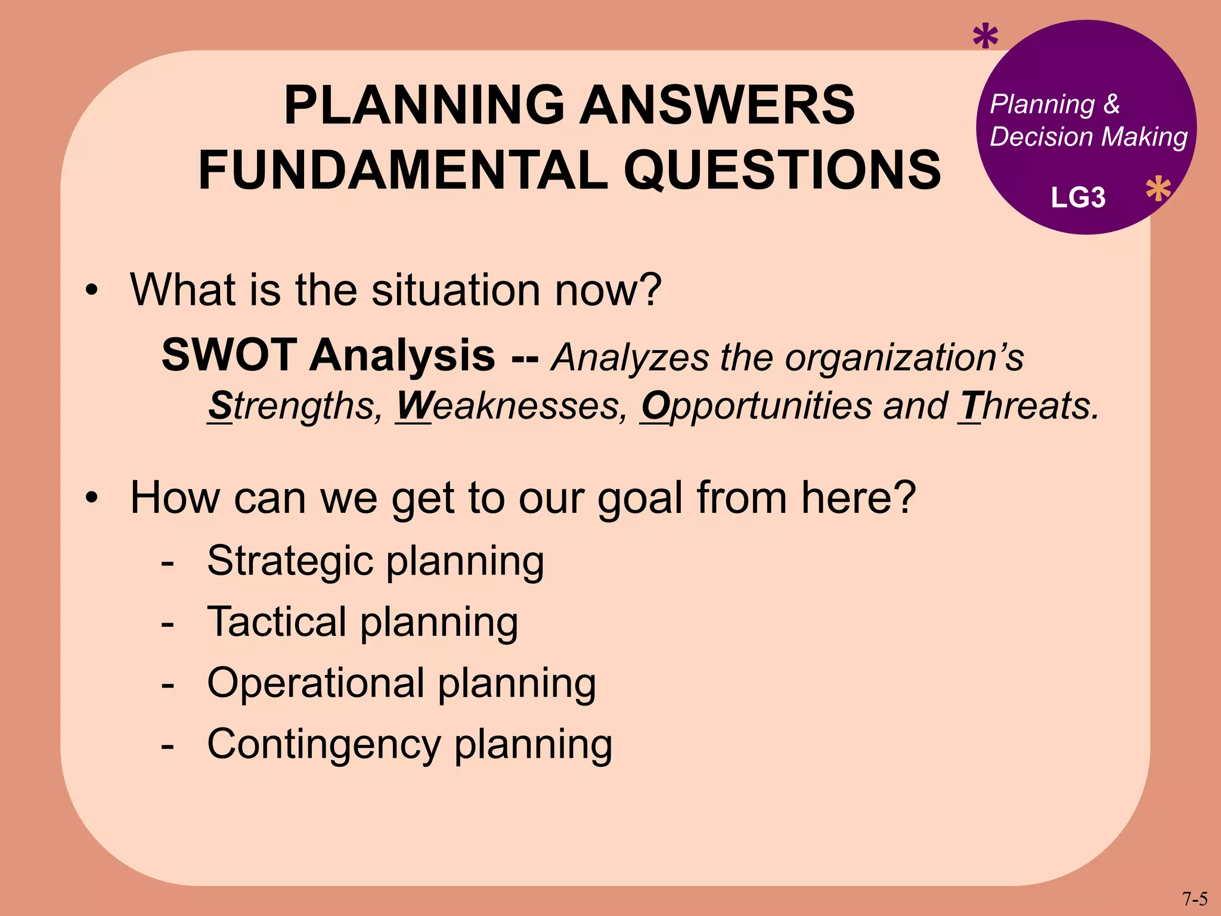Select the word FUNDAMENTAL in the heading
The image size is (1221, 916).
point(403,171)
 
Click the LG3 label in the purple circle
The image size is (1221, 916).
point(1078,198)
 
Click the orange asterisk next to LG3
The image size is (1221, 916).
point(1158,190)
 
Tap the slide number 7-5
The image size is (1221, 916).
point(1195,899)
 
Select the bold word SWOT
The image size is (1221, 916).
point(229,355)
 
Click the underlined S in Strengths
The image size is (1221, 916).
point(220,406)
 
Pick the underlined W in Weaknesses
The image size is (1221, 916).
point(413,406)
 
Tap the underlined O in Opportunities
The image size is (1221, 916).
point(655,406)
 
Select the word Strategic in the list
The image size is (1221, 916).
point(290,562)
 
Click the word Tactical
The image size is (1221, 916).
point(277,622)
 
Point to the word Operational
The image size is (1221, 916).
point(315,683)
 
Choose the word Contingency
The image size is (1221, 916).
point(324,745)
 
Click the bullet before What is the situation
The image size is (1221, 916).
point(91,291)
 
